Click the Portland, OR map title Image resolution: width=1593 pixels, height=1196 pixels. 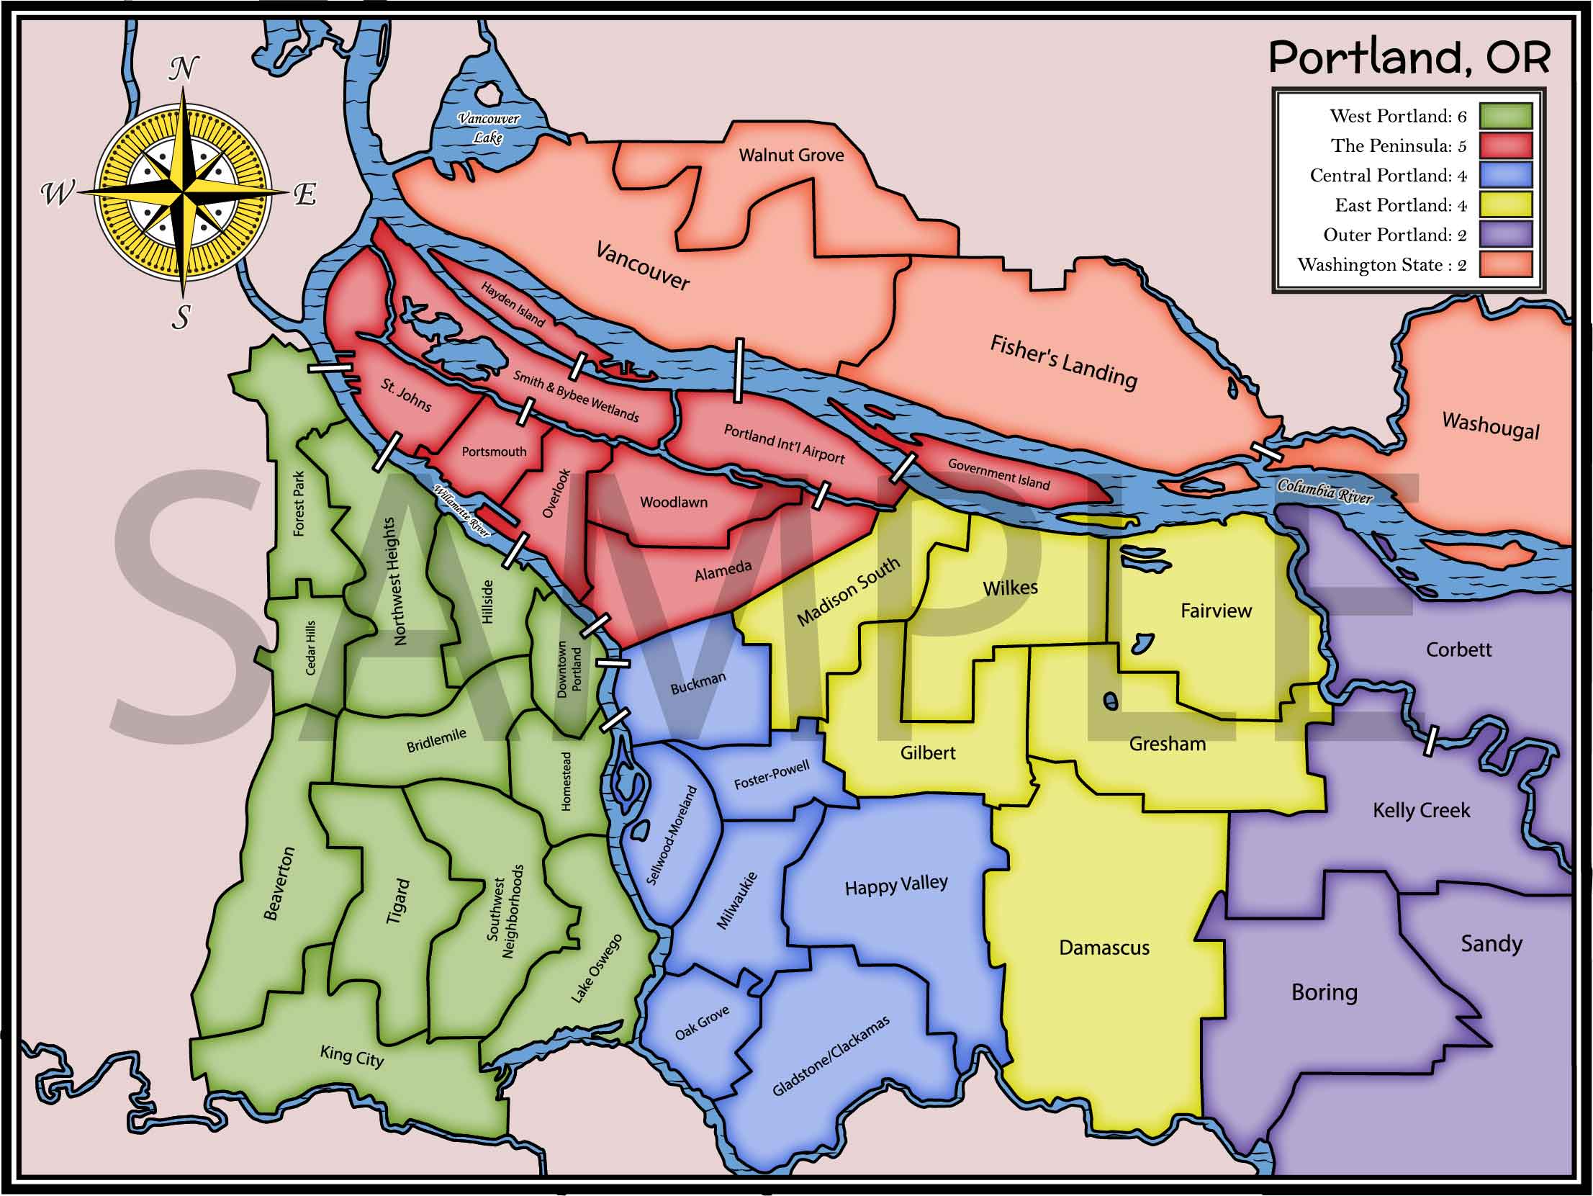tap(1409, 58)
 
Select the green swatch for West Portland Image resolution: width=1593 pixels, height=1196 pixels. tap(1505, 116)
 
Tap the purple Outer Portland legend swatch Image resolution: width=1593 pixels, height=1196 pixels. tap(1505, 235)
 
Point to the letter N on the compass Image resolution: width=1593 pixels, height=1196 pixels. tap(183, 69)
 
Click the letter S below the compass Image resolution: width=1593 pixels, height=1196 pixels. tap(181, 316)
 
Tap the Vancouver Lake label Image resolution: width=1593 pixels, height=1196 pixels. tap(488, 127)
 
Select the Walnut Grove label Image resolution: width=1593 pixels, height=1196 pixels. tap(790, 155)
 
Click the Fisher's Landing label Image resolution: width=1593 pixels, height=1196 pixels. tap(1063, 361)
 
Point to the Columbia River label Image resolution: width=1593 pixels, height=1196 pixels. tap(1325, 490)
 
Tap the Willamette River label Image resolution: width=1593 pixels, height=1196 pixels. tap(461, 511)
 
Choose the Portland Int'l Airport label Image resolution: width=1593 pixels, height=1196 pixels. tap(783, 444)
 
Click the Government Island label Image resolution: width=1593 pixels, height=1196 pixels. tap(998, 474)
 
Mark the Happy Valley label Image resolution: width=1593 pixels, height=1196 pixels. tap(896, 885)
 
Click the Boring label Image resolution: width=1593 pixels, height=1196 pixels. tap(1324, 993)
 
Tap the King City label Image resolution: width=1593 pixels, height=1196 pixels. tap(351, 1056)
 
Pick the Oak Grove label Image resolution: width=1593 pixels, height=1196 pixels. tap(701, 1023)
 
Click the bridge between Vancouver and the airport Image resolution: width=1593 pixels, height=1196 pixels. tap(738, 370)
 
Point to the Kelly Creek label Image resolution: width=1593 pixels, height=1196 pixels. tap(1421, 811)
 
